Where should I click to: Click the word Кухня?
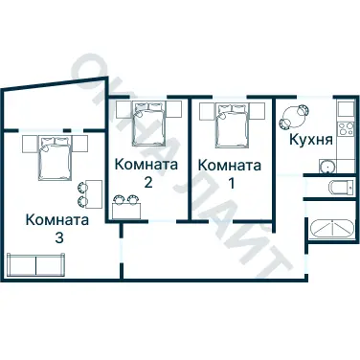pos(311,140)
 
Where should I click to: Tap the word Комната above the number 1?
pos(227,165)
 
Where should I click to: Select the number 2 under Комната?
pos(147,181)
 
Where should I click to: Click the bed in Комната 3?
pos(55,156)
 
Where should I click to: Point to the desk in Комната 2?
pos(127,209)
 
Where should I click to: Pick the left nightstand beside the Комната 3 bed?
pos(25,144)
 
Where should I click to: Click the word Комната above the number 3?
pos(58,219)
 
